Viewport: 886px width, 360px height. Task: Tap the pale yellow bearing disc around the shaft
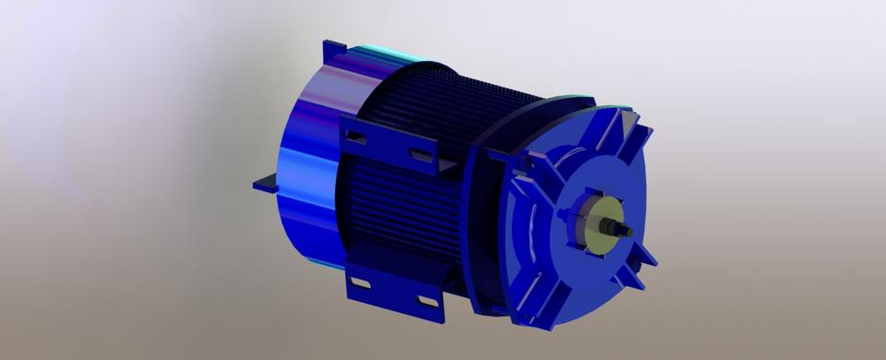tap(592, 221)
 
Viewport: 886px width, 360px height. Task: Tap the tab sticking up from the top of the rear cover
tap(331, 51)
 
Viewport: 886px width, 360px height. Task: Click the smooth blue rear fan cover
tap(309, 166)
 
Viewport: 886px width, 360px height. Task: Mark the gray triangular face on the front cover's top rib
tap(629, 121)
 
